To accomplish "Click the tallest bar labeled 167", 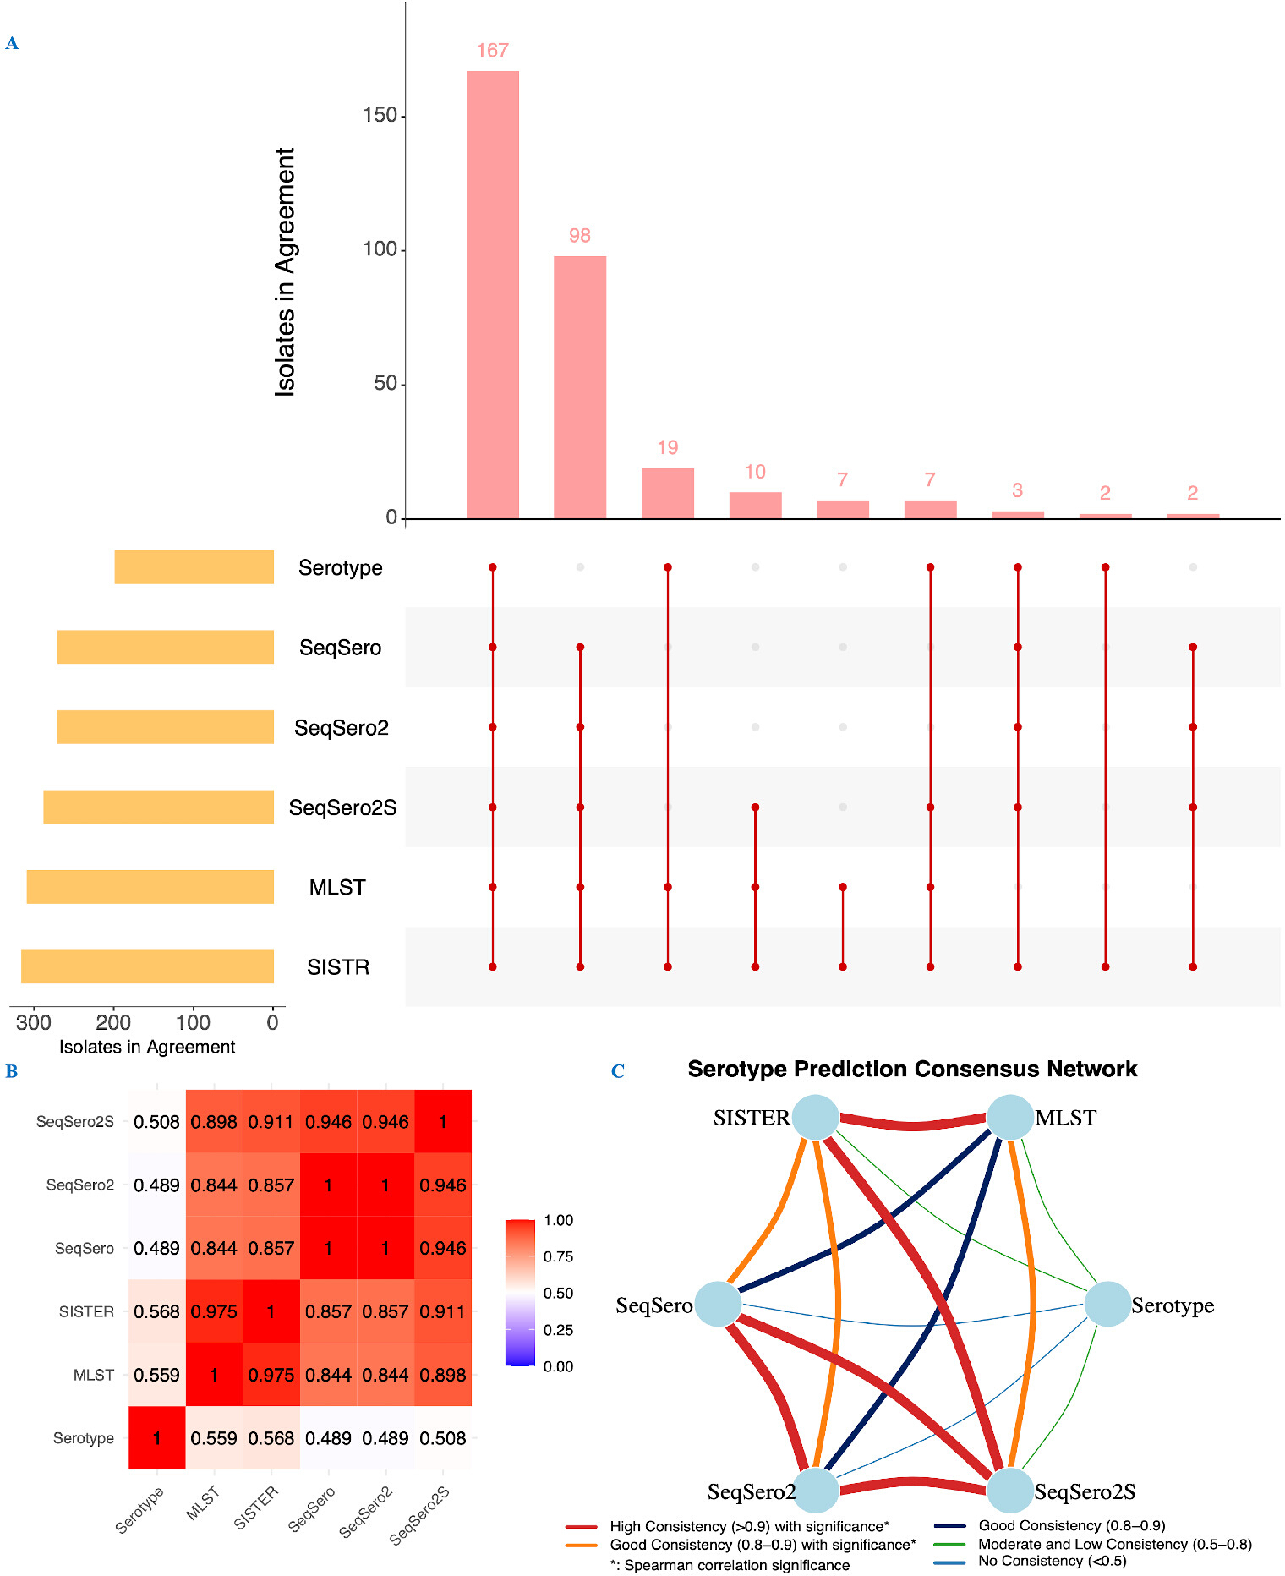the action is [493, 294].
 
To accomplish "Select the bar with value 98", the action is [580, 387].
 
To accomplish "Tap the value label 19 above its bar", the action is [668, 447].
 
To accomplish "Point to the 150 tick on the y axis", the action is [380, 115].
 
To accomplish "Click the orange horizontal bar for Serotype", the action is [194, 567].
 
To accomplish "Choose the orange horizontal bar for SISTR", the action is [148, 966].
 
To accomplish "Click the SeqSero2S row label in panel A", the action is [342, 807].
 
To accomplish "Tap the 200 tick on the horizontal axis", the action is [113, 1022].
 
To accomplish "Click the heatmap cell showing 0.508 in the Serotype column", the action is [156, 1122].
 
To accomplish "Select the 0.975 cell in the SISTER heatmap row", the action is [214, 1311].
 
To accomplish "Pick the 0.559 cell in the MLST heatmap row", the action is [156, 1375].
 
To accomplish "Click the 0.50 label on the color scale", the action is [559, 1293].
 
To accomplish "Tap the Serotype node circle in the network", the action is [1107, 1304].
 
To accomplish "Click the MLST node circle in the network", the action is [1010, 1117].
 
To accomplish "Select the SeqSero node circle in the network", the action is [719, 1304].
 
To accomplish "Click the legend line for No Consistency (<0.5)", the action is [949, 1562].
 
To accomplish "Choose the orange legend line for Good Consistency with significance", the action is [582, 1546].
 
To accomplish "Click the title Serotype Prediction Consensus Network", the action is [912, 1069].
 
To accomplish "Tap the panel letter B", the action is [12, 1071].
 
